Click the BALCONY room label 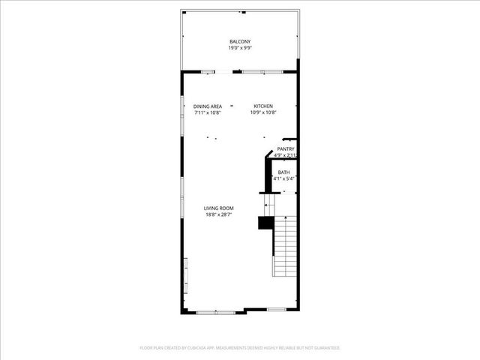coord(240,41)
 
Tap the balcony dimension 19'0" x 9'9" coord(240,48)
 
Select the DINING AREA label coord(207,106)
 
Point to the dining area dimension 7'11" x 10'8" coord(207,113)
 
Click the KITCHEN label coord(263,106)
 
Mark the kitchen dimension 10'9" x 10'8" coord(263,113)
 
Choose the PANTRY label coord(286,149)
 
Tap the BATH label coord(283,172)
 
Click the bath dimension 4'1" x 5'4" coord(283,179)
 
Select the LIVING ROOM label coord(220,208)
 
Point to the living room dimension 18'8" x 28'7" coord(220,215)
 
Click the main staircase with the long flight coord(286,245)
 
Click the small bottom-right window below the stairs coord(277,310)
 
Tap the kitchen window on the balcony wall coord(262,71)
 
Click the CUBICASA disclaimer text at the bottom coord(240,348)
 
